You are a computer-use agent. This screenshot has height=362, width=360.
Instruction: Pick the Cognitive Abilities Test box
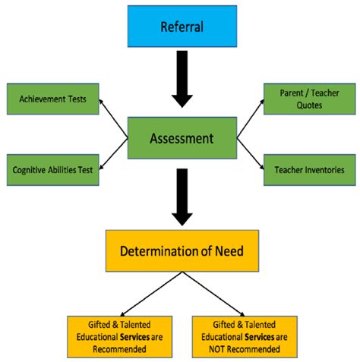click(52, 170)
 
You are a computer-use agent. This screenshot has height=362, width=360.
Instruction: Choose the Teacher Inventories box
click(308, 169)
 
